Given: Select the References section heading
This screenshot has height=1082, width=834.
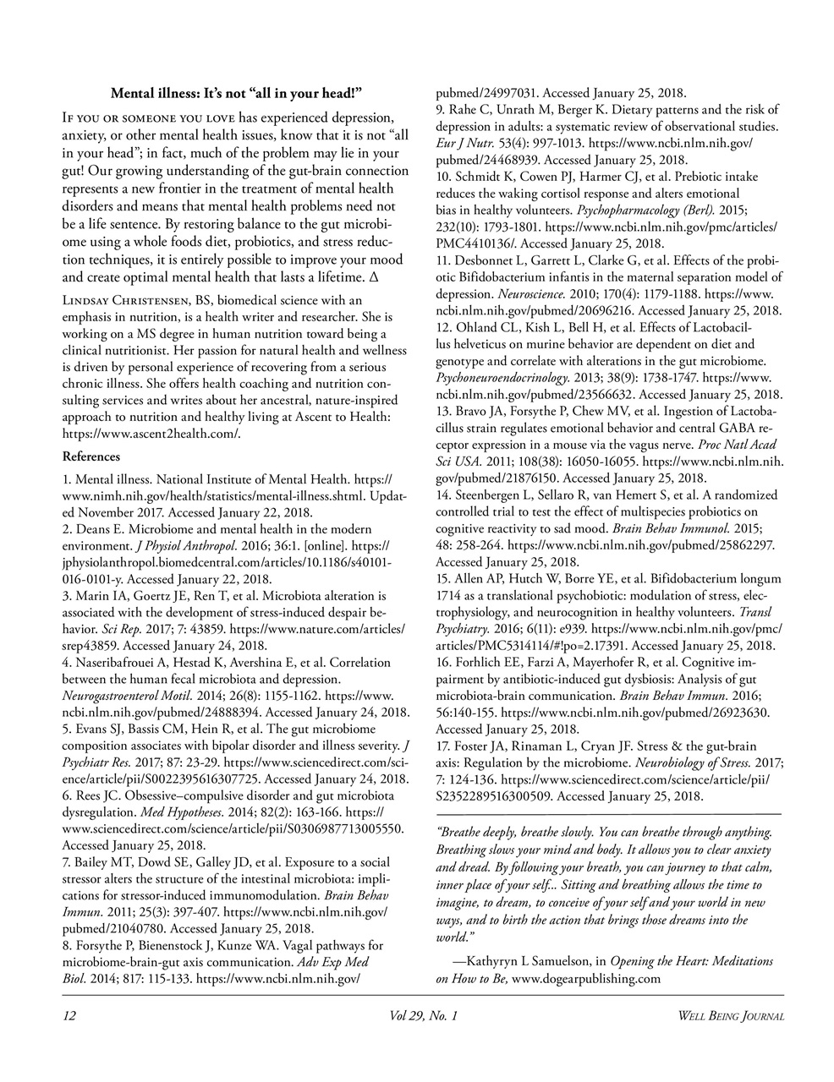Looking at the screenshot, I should coord(91,456).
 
